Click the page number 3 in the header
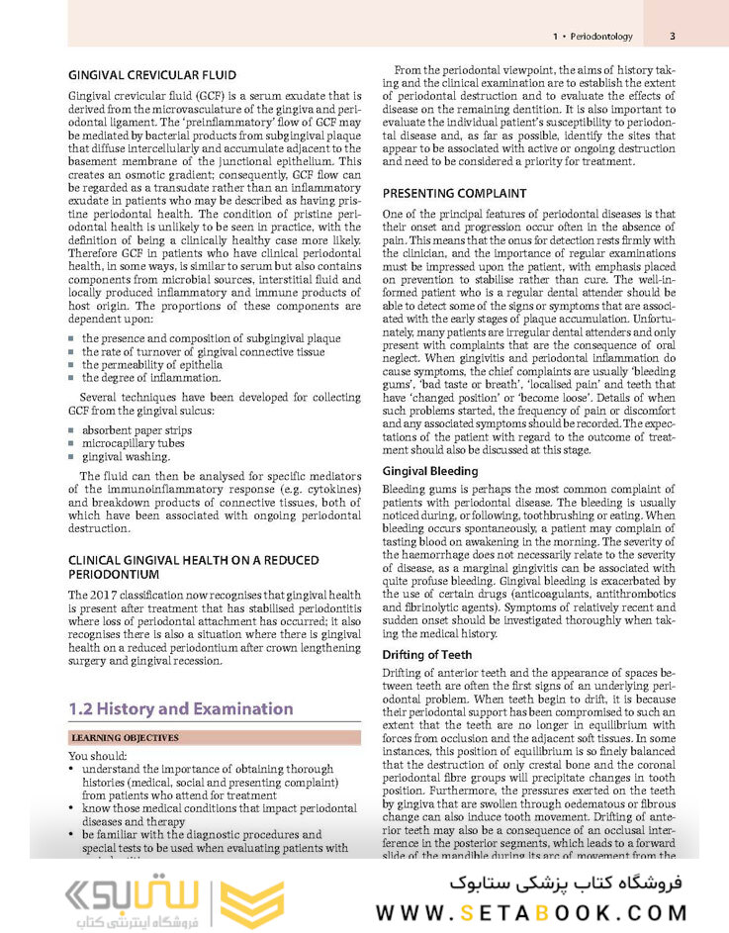672,37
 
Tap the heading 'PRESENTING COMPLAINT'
454,194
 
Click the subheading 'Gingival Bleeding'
430,471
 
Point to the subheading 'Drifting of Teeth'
427,655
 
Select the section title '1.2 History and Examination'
181,708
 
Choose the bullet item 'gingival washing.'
125,457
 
